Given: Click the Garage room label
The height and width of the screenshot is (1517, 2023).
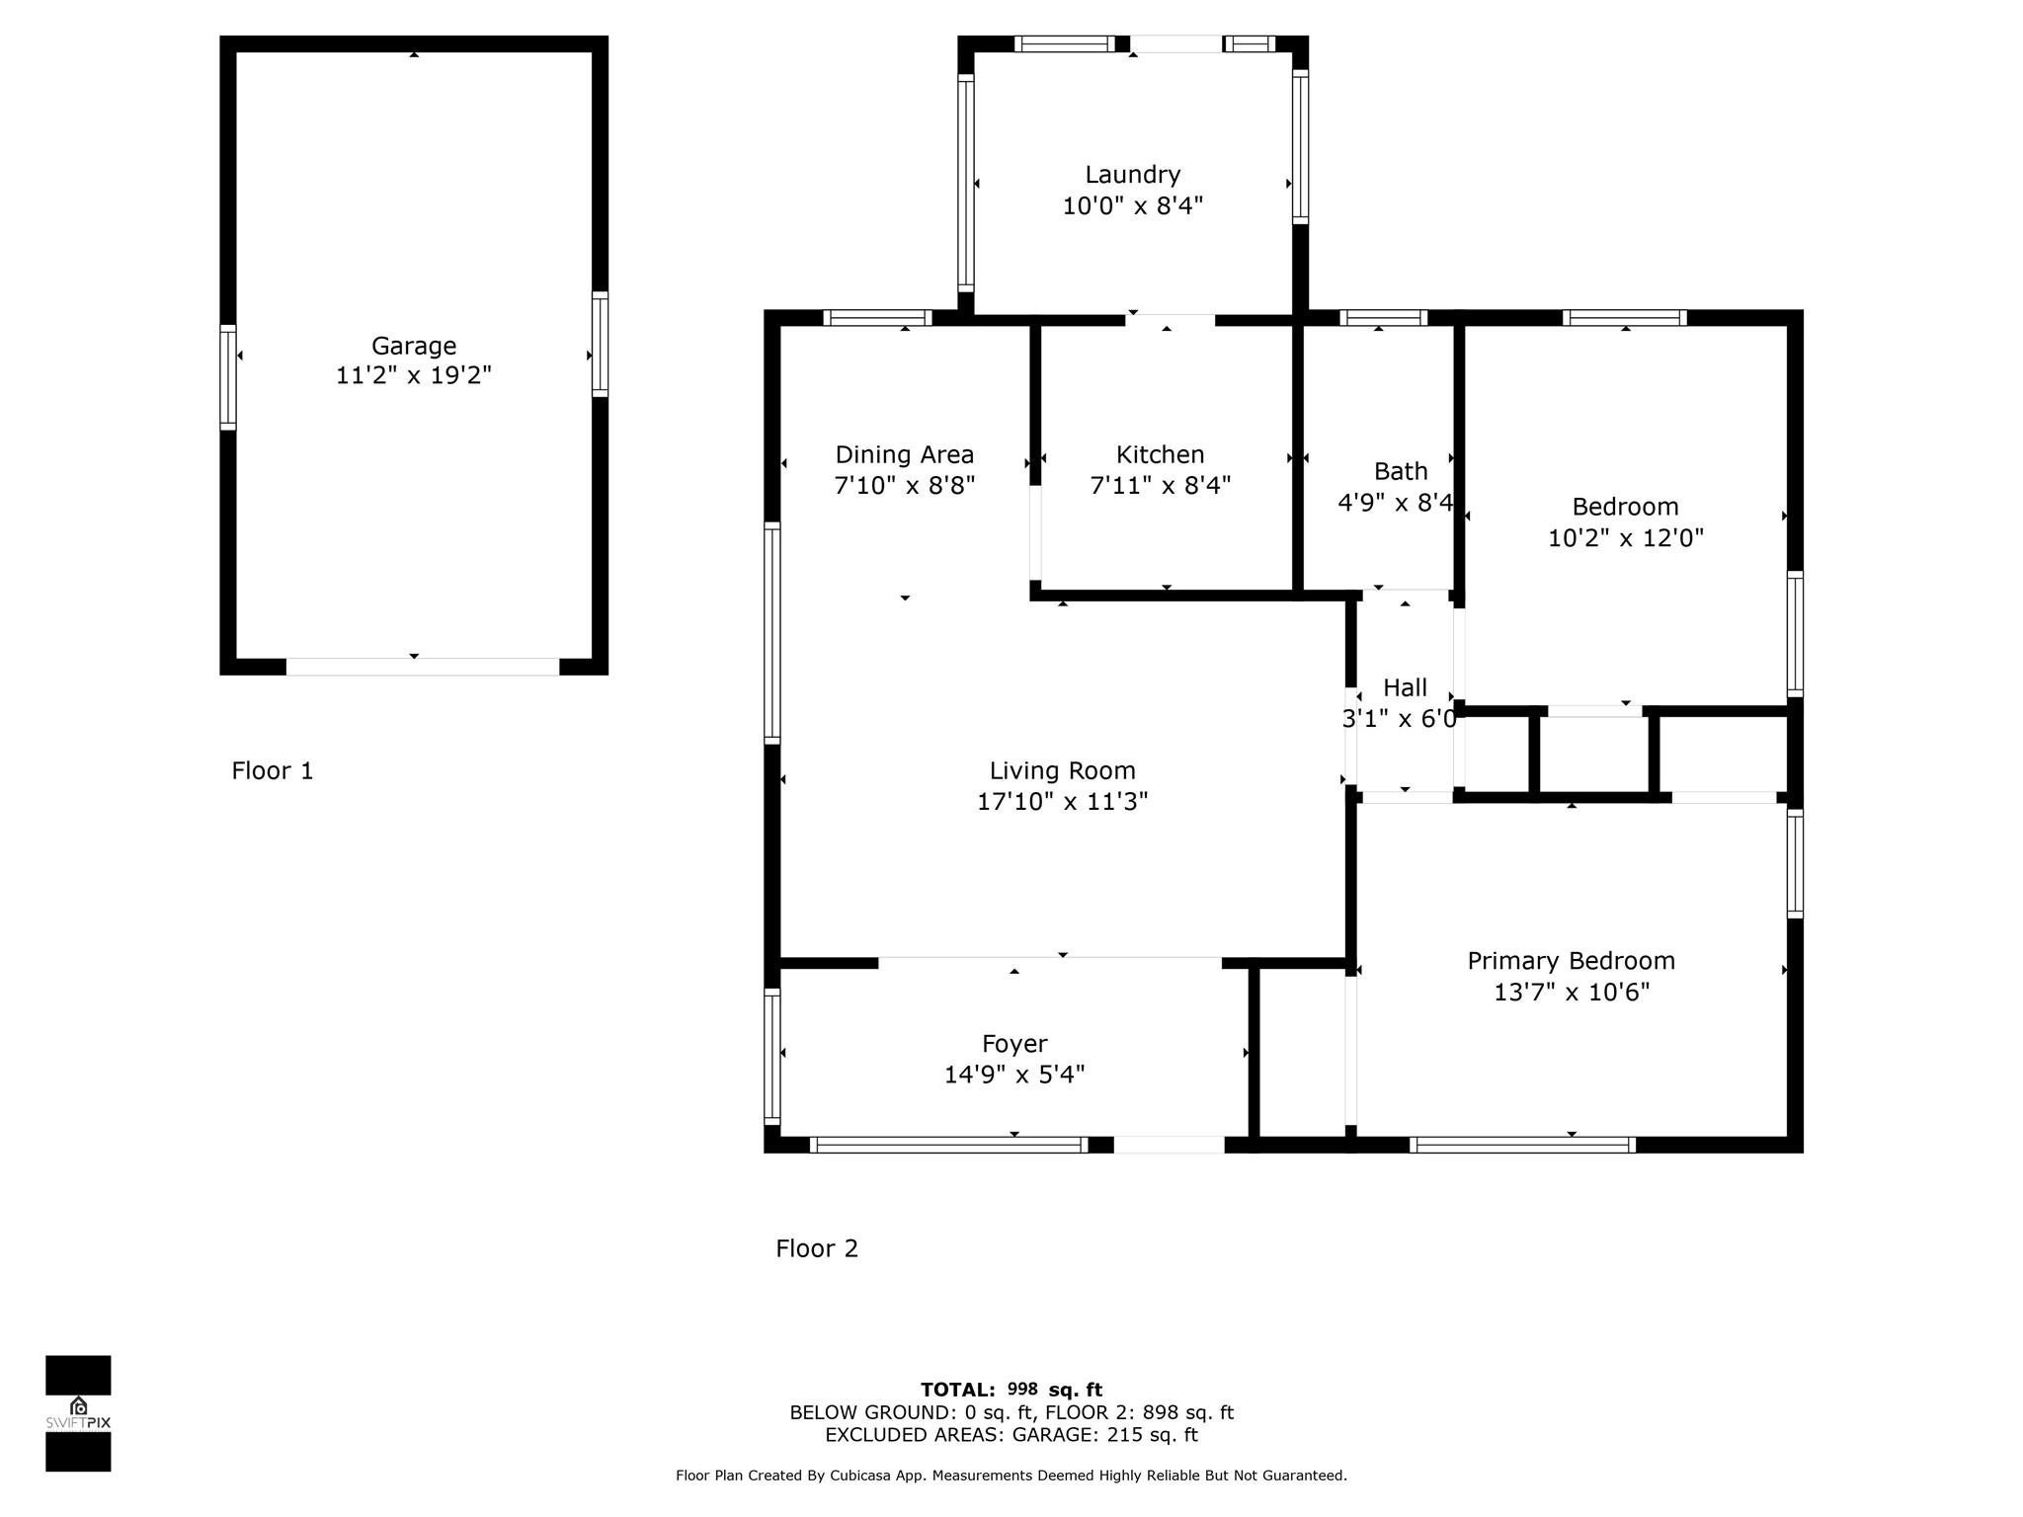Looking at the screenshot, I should [x=413, y=346].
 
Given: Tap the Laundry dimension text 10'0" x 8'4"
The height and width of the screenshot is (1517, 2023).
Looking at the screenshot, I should [x=1132, y=206].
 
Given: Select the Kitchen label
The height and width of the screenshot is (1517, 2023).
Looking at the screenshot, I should [x=1160, y=454].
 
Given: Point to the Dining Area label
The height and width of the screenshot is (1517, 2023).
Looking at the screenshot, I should [x=904, y=454].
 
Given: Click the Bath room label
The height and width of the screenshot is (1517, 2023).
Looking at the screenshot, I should [x=1400, y=471].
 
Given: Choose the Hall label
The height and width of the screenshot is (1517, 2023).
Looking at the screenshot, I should [x=1404, y=687].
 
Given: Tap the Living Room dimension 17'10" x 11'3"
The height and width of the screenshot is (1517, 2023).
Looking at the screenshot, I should [x=1062, y=801].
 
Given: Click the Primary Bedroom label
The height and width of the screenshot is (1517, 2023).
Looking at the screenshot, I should [x=1571, y=960].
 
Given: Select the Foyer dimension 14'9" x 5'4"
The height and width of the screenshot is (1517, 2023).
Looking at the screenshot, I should [x=1013, y=1075].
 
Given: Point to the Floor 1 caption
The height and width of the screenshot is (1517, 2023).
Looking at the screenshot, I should [x=272, y=770].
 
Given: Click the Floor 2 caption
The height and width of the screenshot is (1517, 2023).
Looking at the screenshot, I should [x=816, y=1248].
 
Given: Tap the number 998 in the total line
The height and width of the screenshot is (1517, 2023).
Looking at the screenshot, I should [x=1022, y=1390].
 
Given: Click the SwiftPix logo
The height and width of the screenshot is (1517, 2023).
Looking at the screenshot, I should [x=78, y=1412].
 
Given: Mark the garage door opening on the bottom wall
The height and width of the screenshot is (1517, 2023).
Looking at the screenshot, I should [x=422, y=667].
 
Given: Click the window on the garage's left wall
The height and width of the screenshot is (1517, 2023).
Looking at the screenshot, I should [x=227, y=377].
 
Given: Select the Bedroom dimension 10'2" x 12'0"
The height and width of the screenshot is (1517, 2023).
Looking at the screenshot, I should [x=1625, y=538].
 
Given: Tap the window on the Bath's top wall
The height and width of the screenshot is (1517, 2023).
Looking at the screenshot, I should [x=1383, y=318].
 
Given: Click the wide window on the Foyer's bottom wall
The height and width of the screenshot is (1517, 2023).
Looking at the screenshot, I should [x=948, y=1145].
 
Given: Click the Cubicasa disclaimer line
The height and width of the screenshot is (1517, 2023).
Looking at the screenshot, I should [x=1011, y=1476].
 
